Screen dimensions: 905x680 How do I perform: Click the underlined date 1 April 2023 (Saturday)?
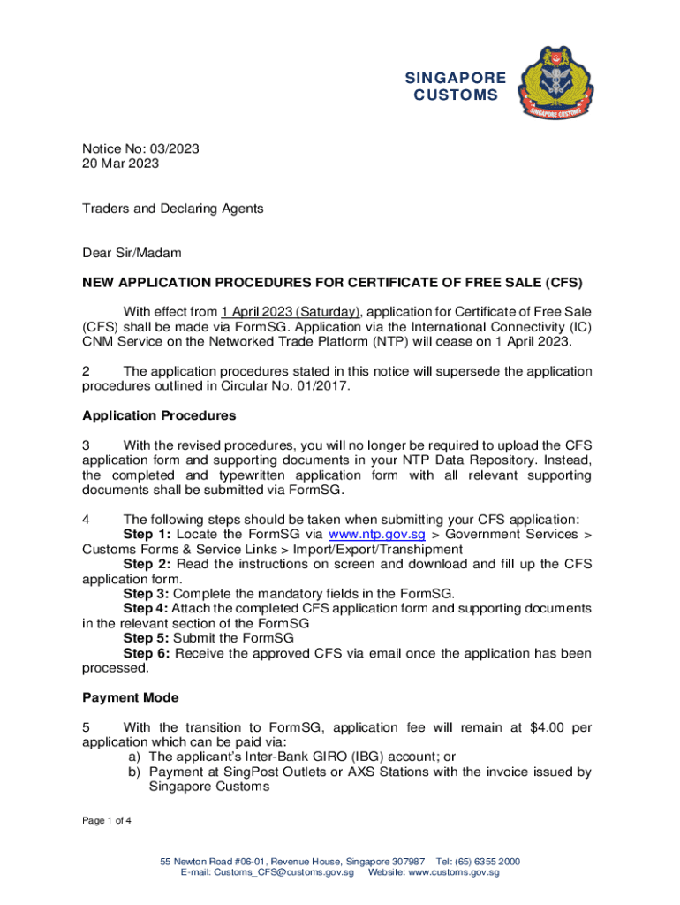tap(291, 311)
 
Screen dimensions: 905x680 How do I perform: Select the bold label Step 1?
tap(147, 535)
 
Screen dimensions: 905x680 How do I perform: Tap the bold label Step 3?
tap(147, 594)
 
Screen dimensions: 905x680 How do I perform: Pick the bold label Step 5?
tap(147, 638)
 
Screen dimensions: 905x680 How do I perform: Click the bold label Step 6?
tap(147, 653)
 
